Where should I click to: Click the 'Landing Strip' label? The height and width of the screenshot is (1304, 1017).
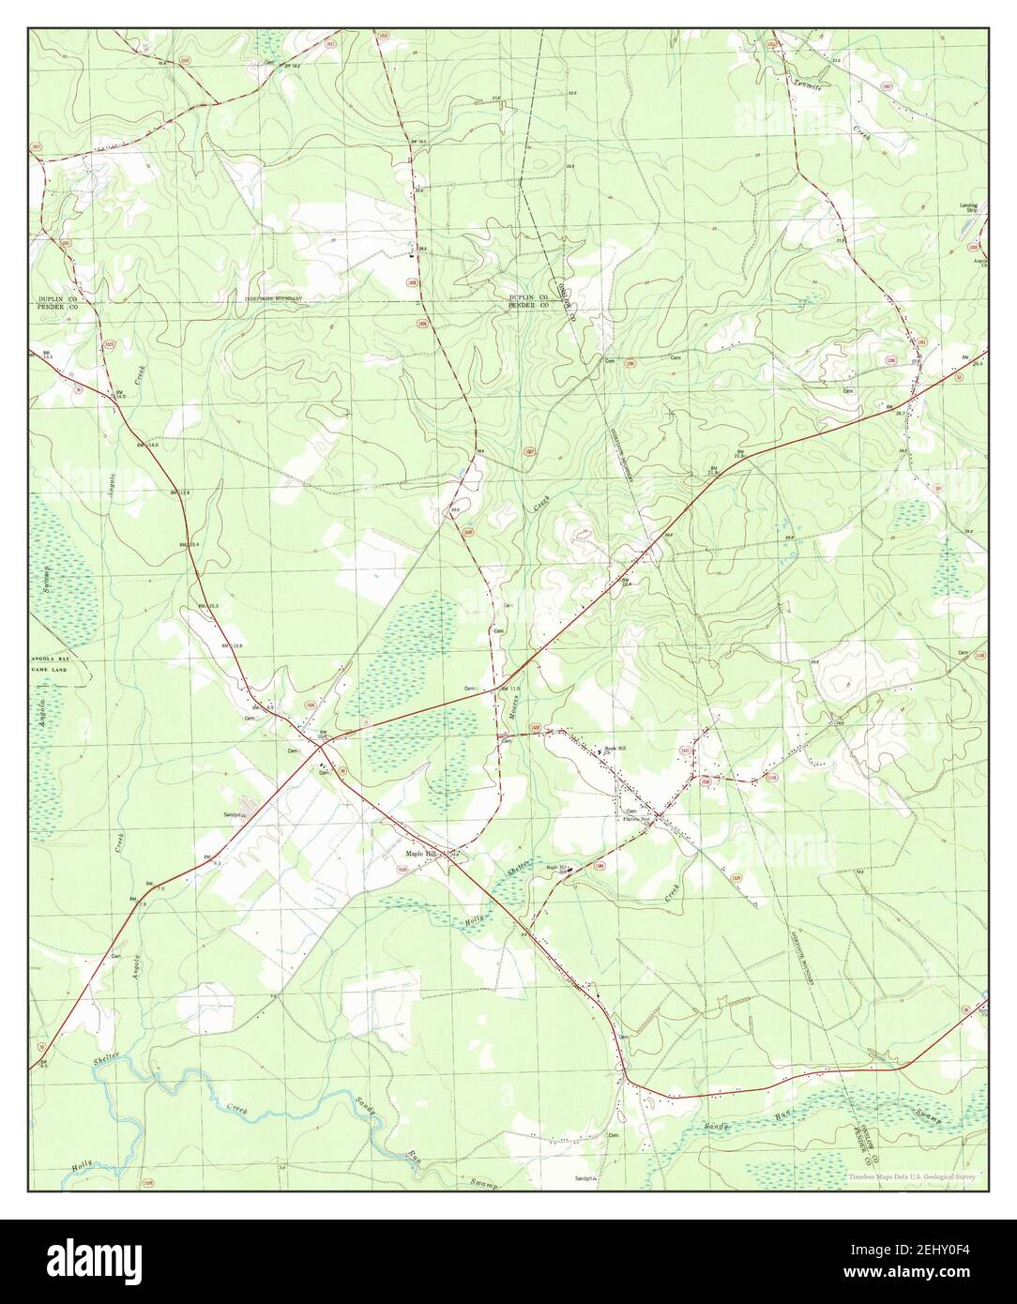[968, 208]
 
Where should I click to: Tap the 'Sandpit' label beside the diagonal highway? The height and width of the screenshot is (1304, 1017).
[233, 814]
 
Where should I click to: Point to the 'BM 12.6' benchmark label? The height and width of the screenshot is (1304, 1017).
[179, 493]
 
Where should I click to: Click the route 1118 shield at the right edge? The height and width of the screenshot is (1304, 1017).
[980, 656]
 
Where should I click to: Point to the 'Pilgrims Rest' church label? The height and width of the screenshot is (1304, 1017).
[644, 818]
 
